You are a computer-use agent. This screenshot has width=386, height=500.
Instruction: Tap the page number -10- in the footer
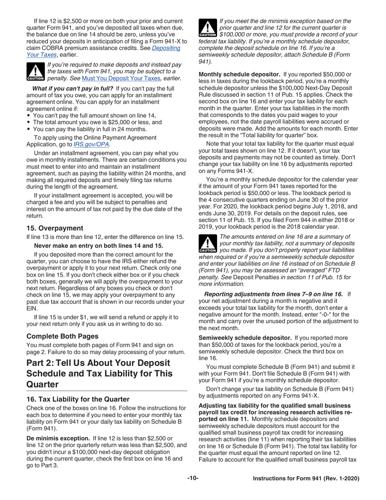point(193,479)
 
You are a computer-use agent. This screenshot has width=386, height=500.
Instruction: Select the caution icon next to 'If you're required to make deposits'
point(35,72)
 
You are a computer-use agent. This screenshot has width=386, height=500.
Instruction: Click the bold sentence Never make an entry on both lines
point(99,246)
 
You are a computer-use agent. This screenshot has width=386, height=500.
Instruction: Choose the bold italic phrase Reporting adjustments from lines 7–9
point(274,293)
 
